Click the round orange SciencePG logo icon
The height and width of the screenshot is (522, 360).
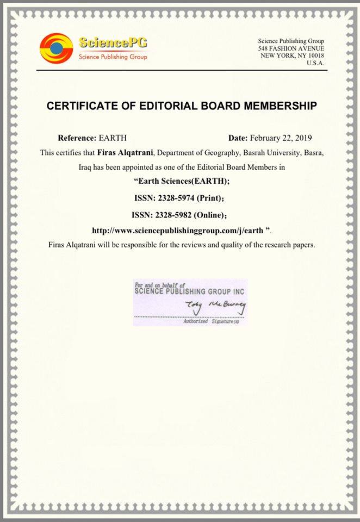[56, 48]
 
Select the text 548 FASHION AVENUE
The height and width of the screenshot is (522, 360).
[291, 48]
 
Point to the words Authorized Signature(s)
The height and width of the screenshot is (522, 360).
[209, 322]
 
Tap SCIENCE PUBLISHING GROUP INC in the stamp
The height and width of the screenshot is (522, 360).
[189, 291]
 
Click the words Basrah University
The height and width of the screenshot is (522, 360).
[276, 153]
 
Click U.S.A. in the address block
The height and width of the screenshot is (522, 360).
[315, 63]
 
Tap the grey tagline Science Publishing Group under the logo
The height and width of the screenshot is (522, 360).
[113, 57]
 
